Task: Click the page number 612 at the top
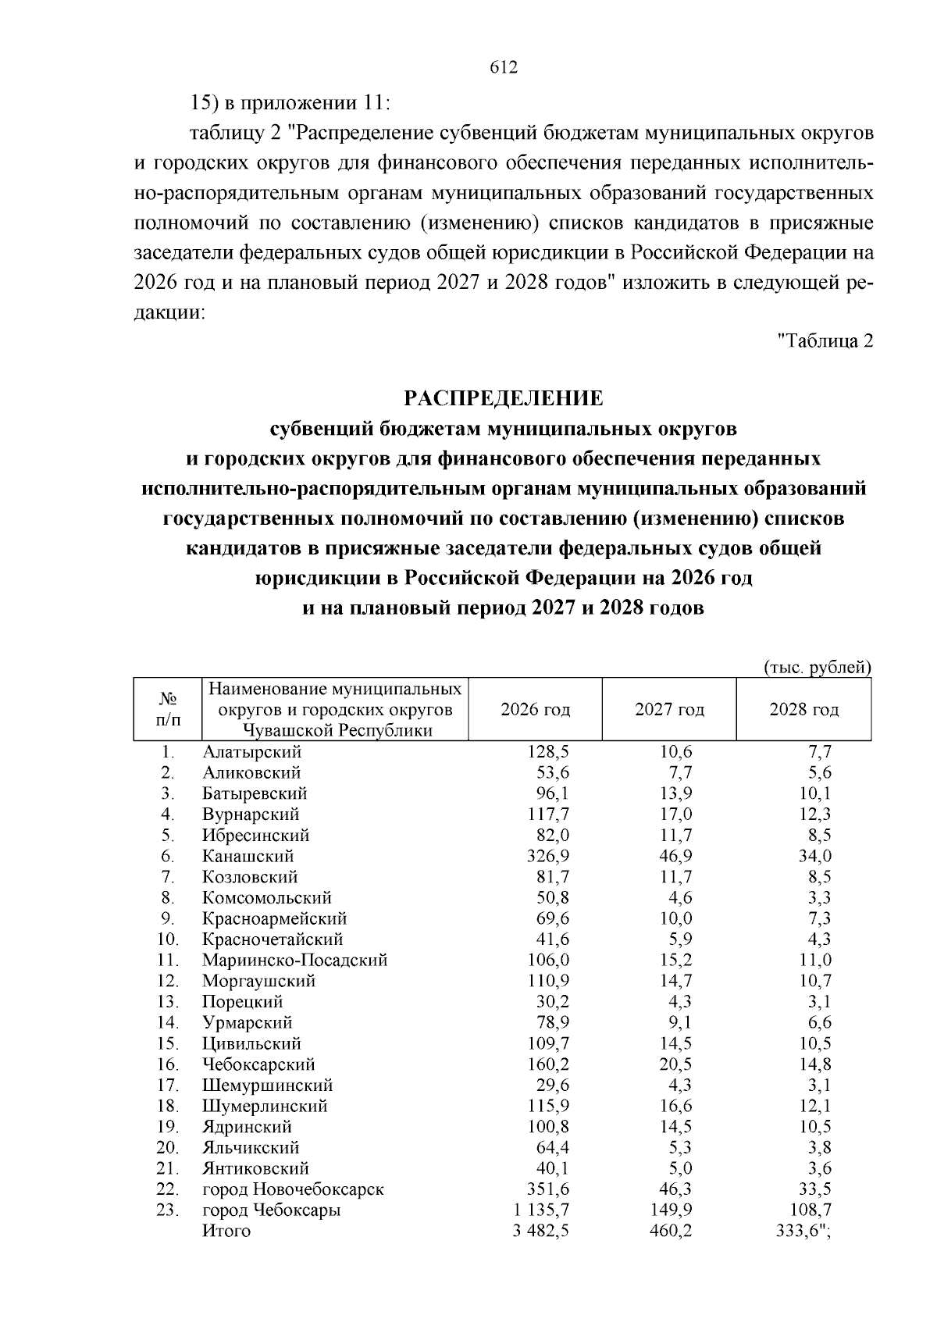[x=504, y=68]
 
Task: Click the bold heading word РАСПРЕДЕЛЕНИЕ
[x=504, y=398]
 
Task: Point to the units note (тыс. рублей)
[x=816, y=668]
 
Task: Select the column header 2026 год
[x=535, y=709]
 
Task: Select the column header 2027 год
[x=669, y=709]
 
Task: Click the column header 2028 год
[x=803, y=709]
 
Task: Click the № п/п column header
[x=167, y=709]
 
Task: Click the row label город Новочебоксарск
[x=293, y=1189]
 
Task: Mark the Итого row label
[x=226, y=1231]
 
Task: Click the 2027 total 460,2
[x=671, y=1231]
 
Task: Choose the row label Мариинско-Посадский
[x=294, y=960]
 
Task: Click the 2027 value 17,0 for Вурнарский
[x=675, y=814]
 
